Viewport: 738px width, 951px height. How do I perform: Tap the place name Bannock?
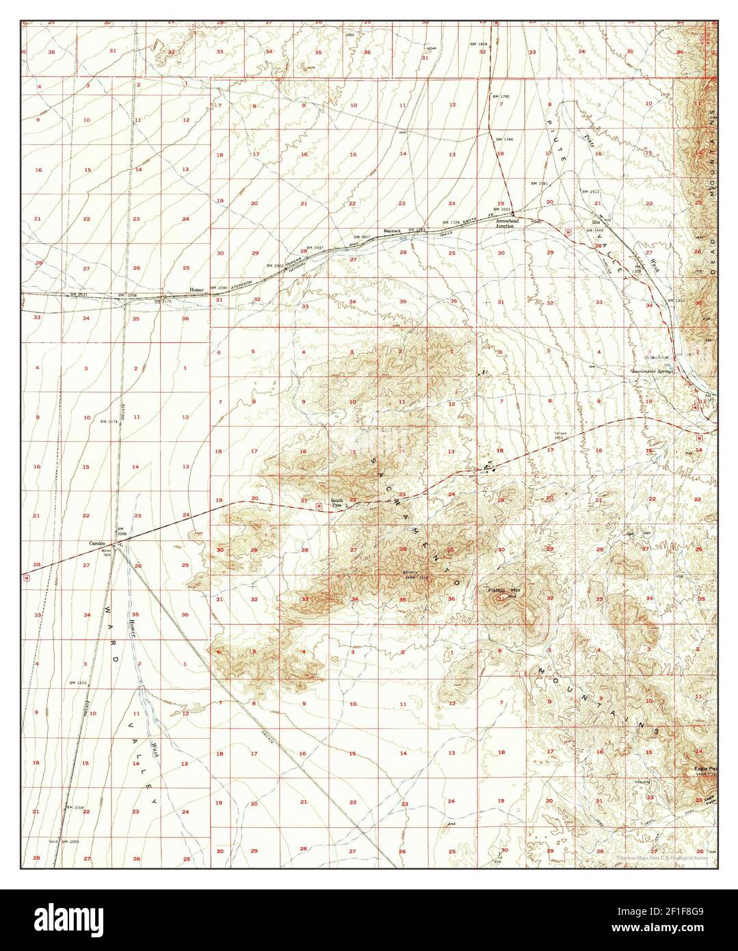tap(393, 231)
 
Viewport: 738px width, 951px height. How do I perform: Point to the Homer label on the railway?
tap(197, 289)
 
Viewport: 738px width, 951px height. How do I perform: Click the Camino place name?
tap(97, 543)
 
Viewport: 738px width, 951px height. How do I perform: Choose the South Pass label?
tap(337, 503)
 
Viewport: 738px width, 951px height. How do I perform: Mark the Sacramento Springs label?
tap(652, 371)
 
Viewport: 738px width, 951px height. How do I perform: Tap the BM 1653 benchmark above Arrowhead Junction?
tap(503, 210)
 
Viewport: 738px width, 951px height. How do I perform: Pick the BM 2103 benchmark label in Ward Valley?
tap(77, 683)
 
